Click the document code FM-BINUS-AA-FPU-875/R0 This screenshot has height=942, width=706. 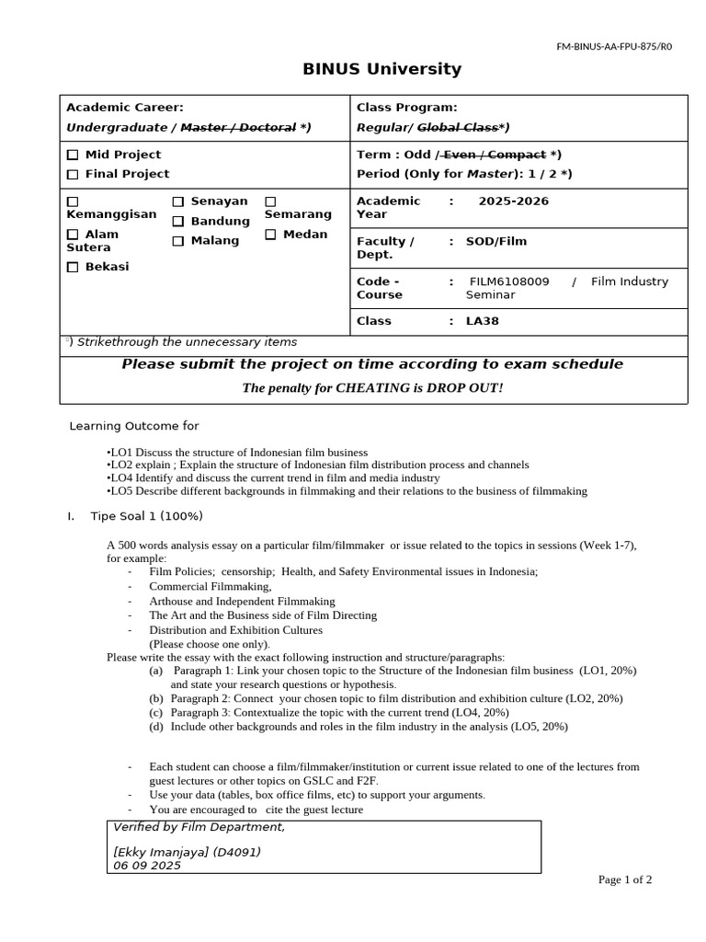[614, 46]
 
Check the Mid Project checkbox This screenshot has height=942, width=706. [73, 155]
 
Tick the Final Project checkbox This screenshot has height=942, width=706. [73, 175]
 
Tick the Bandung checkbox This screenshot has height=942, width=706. [178, 222]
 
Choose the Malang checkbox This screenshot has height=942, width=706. [178, 241]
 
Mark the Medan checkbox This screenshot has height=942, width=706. [271, 235]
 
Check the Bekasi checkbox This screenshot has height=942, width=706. [73, 268]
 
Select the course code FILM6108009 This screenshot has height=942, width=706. [509, 281]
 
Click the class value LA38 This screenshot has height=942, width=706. [483, 321]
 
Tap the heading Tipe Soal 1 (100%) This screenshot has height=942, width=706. [146, 515]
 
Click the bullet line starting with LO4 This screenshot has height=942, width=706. [273, 478]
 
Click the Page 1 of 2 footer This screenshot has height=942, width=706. [625, 879]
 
